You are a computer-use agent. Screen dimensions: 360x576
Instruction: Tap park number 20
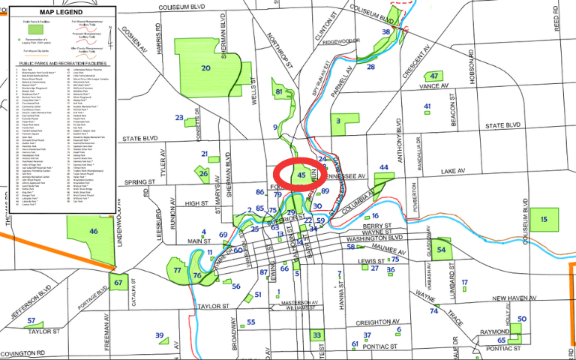click(205, 68)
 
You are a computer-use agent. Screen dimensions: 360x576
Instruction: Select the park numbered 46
click(94, 232)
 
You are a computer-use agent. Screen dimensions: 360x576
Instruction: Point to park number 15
click(544, 219)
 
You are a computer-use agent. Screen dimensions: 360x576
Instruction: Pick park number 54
click(442, 249)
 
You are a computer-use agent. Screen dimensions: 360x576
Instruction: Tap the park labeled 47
click(434, 76)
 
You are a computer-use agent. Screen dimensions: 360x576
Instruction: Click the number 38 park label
click(385, 32)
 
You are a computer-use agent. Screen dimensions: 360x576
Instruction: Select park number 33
click(317, 335)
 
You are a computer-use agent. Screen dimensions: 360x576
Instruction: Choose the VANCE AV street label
click(433, 87)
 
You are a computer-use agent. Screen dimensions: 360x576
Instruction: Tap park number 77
click(178, 270)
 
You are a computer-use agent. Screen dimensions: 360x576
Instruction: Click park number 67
click(118, 283)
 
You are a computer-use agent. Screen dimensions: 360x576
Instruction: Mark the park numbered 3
click(339, 120)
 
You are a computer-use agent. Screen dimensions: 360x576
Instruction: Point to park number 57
click(31, 321)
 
